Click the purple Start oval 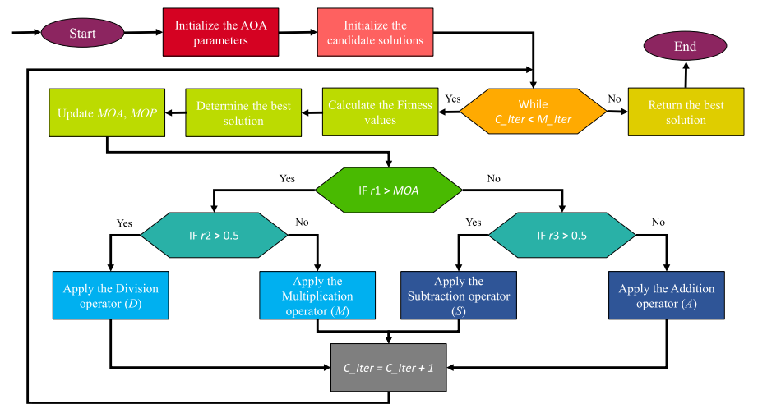point(82,33)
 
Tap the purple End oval point(685,47)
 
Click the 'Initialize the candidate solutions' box point(374,33)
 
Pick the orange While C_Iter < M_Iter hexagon point(533,112)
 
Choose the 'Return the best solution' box point(686,112)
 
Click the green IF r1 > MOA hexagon point(388,190)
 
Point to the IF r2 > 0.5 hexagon point(214,236)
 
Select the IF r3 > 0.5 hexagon point(562,236)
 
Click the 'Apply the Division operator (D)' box point(110,295)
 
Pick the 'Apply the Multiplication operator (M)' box point(318,295)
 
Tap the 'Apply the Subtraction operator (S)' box point(459,295)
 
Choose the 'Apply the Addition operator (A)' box point(666,295)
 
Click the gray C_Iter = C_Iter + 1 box point(388,367)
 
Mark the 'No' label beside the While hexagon point(614,99)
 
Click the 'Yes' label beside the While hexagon point(453,99)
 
